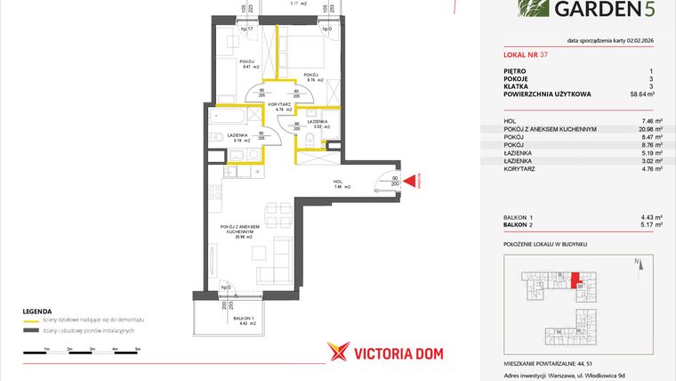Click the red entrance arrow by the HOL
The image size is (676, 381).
click(x=410, y=182)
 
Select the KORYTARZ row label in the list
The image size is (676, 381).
click(x=520, y=167)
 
